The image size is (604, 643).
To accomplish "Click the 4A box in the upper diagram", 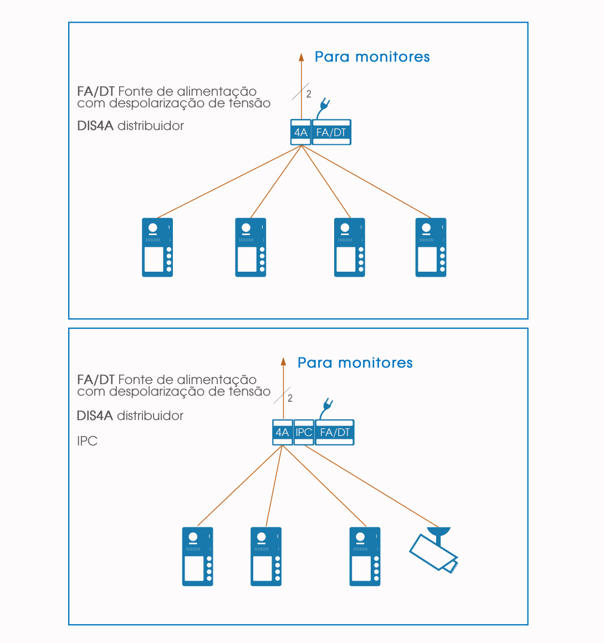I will [x=300, y=132].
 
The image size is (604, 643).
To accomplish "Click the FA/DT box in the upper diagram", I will [x=331, y=132].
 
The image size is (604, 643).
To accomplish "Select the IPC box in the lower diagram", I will [x=304, y=432].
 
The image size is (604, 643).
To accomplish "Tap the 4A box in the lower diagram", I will [x=283, y=432].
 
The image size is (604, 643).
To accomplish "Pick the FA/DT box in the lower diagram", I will [x=335, y=432].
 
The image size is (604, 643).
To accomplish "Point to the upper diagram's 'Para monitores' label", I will [x=372, y=57].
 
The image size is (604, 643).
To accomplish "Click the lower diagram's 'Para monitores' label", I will [x=355, y=363].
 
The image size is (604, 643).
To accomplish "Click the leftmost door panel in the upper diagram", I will [x=157, y=247].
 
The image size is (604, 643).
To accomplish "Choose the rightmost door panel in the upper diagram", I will [x=431, y=247].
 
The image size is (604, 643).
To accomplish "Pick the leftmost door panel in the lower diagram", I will [x=198, y=556].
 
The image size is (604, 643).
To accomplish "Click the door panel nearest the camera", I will [x=365, y=556].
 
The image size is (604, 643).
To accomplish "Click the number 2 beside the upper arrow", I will [x=309, y=94].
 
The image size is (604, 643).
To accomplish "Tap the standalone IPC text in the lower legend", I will [x=88, y=441].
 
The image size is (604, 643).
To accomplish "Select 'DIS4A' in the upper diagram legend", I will [x=95, y=126].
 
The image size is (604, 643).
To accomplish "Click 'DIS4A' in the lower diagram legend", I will [x=95, y=416].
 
